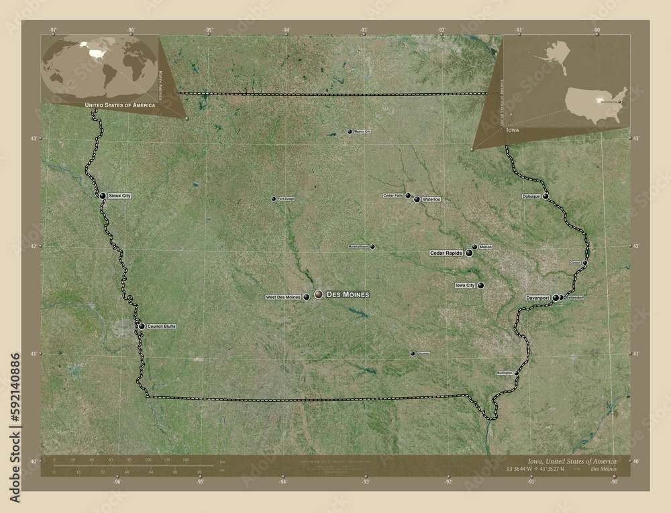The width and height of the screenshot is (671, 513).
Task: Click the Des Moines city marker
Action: tap(318, 294)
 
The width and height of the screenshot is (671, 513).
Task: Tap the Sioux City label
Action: tap(119, 196)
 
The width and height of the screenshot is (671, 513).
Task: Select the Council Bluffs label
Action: tap(162, 327)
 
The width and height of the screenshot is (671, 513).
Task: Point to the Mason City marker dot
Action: tap(350, 131)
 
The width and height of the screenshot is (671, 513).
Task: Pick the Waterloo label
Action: tap(432, 200)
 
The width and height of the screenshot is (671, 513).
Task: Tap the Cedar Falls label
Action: tap(393, 195)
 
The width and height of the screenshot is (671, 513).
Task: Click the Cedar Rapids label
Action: tap(446, 253)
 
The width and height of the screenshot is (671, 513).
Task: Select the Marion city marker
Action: tap(474, 247)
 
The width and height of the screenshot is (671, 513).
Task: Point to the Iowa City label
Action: tap(465, 286)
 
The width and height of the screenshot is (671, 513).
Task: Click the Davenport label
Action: tap(538, 297)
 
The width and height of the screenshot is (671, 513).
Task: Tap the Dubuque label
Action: tap(531, 196)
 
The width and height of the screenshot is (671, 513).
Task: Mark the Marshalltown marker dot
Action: tap(372, 246)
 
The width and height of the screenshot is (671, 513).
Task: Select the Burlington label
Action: tap(505, 372)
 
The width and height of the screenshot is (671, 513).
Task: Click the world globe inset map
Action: tap(99, 68)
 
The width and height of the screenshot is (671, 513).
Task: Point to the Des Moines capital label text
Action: tap(347, 294)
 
